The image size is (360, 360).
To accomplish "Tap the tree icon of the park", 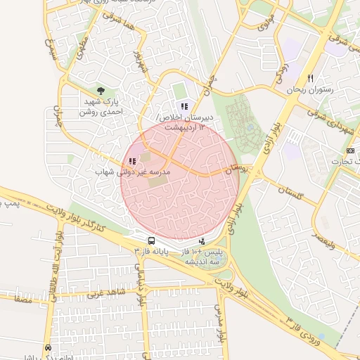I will [101, 91].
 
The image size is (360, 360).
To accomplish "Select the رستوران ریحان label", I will [309, 91].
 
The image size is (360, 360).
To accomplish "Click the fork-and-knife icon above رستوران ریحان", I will [310, 78].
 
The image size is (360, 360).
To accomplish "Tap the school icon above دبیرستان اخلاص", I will [184, 106].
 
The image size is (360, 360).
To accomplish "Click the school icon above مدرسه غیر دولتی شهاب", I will [133, 161].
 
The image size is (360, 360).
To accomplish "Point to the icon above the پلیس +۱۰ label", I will [202, 241].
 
